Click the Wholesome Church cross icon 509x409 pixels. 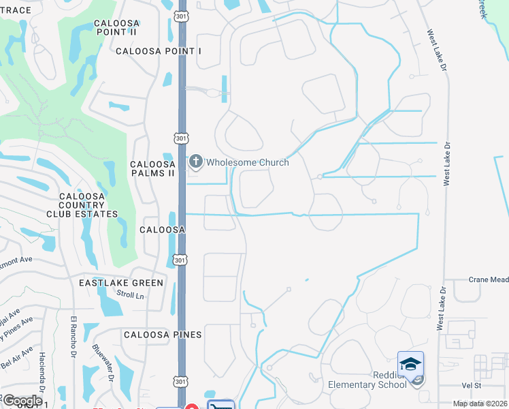196,162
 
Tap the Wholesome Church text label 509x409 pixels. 248,162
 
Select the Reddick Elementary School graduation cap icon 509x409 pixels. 410,364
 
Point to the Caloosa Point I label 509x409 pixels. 159,51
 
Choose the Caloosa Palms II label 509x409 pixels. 152,169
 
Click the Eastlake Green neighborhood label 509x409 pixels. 121,283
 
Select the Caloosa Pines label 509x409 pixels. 163,335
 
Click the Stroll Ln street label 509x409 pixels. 131,296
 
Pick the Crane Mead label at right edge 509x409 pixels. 489,279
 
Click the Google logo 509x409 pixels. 22,401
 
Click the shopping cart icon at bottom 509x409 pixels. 219,406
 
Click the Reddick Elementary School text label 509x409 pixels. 368,380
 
